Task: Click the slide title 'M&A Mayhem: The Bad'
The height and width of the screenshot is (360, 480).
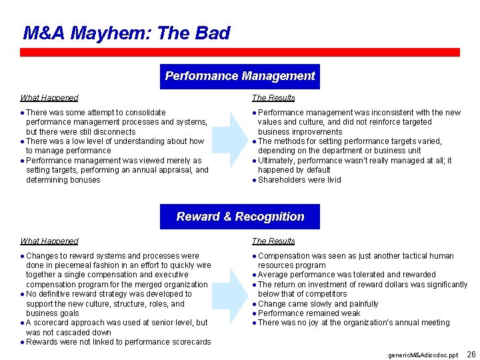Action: point(126,33)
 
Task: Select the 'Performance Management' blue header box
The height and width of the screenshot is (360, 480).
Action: point(240,76)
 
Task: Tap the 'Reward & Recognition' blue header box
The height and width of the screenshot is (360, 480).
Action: point(240,217)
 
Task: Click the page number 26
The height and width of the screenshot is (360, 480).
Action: point(471,354)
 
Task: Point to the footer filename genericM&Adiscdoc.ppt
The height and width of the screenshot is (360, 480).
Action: point(423,355)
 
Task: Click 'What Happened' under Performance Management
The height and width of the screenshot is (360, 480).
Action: point(49,98)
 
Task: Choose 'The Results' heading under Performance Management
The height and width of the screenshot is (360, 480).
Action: point(273,98)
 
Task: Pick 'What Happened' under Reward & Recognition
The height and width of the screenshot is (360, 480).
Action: point(49,241)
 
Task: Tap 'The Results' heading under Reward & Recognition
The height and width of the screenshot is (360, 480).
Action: point(273,241)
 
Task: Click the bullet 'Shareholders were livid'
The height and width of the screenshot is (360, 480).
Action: point(299,180)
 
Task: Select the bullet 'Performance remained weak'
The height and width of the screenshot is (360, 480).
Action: point(309,313)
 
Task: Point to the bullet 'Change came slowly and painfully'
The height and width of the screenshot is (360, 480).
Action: point(318,304)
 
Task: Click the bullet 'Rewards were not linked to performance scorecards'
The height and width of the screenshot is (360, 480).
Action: point(118,342)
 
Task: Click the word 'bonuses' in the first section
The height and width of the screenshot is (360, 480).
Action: point(85,180)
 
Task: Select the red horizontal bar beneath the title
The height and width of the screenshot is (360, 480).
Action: point(240,52)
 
